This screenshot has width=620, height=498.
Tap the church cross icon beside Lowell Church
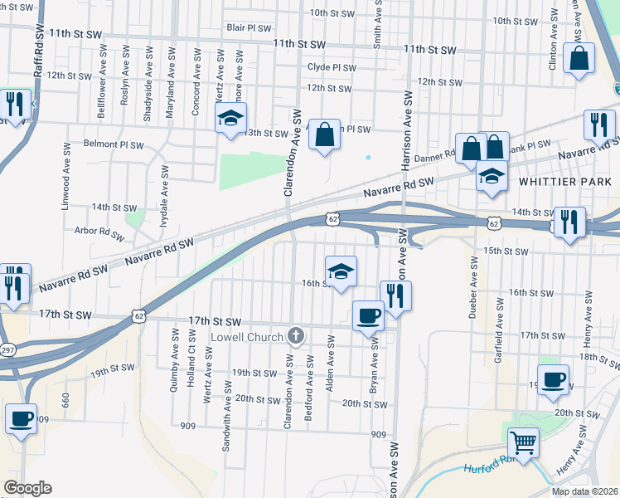[296, 336]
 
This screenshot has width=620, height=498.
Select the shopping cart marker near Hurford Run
[523, 442]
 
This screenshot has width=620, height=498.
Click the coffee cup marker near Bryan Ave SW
[369, 314]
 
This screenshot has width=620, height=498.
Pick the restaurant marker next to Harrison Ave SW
[396, 295]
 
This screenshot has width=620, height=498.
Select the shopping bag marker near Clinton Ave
[579, 59]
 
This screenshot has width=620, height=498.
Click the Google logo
[27, 488]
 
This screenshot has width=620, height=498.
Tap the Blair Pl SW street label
[249, 27]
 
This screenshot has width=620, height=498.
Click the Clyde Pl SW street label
[332, 68]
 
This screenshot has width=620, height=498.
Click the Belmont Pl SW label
[114, 143]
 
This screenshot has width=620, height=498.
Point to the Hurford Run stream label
[489, 469]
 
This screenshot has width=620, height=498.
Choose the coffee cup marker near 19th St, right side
[553, 378]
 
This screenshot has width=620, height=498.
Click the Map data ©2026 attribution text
[584, 491]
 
